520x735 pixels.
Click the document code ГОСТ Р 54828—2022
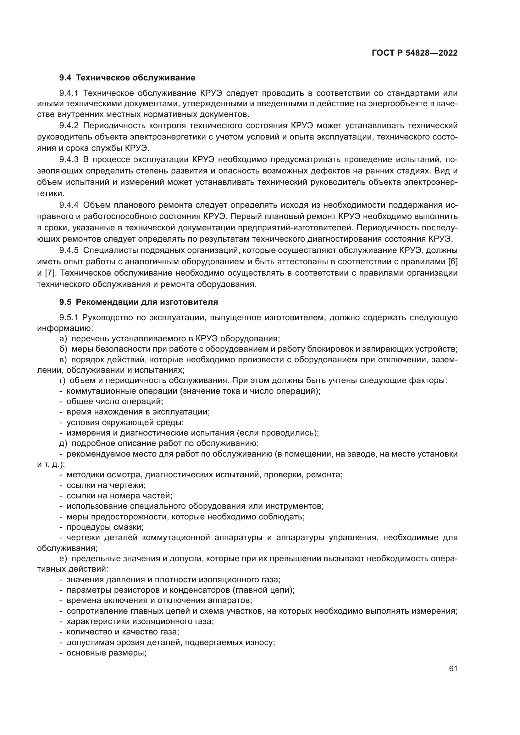coord(415,53)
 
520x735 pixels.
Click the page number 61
coord(453,668)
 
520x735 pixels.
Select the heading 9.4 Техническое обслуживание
coord(127,78)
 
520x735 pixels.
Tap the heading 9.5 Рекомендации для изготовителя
coord(138,302)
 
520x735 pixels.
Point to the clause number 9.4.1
coord(69,93)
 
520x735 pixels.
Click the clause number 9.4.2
coord(69,125)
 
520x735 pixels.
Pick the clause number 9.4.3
coord(69,159)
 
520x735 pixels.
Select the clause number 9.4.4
coord(69,205)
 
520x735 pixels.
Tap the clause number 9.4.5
coord(69,250)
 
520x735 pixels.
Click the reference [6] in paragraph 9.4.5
coord(452,261)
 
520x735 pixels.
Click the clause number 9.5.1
coord(69,318)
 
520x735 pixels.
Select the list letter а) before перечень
coord(63,339)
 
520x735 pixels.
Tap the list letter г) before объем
coord(63,380)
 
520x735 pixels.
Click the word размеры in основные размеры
coord(127,653)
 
